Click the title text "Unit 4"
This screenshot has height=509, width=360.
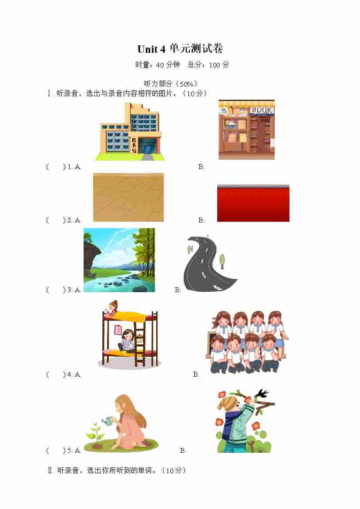click(x=151, y=49)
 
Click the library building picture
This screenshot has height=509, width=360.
click(x=130, y=131)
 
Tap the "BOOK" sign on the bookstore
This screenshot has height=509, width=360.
click(x=261, y=110)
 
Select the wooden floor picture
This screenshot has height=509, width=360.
click(x=128, y=197)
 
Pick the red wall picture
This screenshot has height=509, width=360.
click(x=253, y=203)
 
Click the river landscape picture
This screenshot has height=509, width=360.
click(x=119, y=260)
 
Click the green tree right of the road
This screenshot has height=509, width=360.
click(x=222, y=261)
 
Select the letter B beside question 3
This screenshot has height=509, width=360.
click(x=178, y=290)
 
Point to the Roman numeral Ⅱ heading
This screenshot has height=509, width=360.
click(x=50, y=470)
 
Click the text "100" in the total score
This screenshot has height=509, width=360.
click(x=215, y=65)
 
